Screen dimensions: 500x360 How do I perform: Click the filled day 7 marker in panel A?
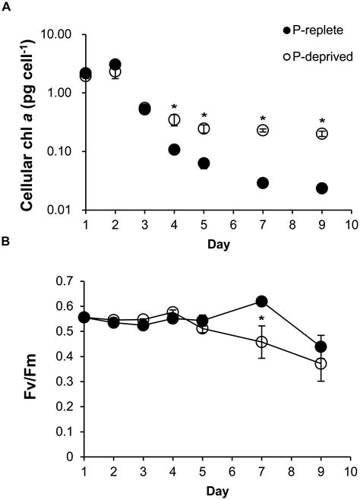coord(263,183)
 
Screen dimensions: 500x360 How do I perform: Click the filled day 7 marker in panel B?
coord(263,302)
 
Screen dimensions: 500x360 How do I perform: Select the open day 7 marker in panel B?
coord(263,342)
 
